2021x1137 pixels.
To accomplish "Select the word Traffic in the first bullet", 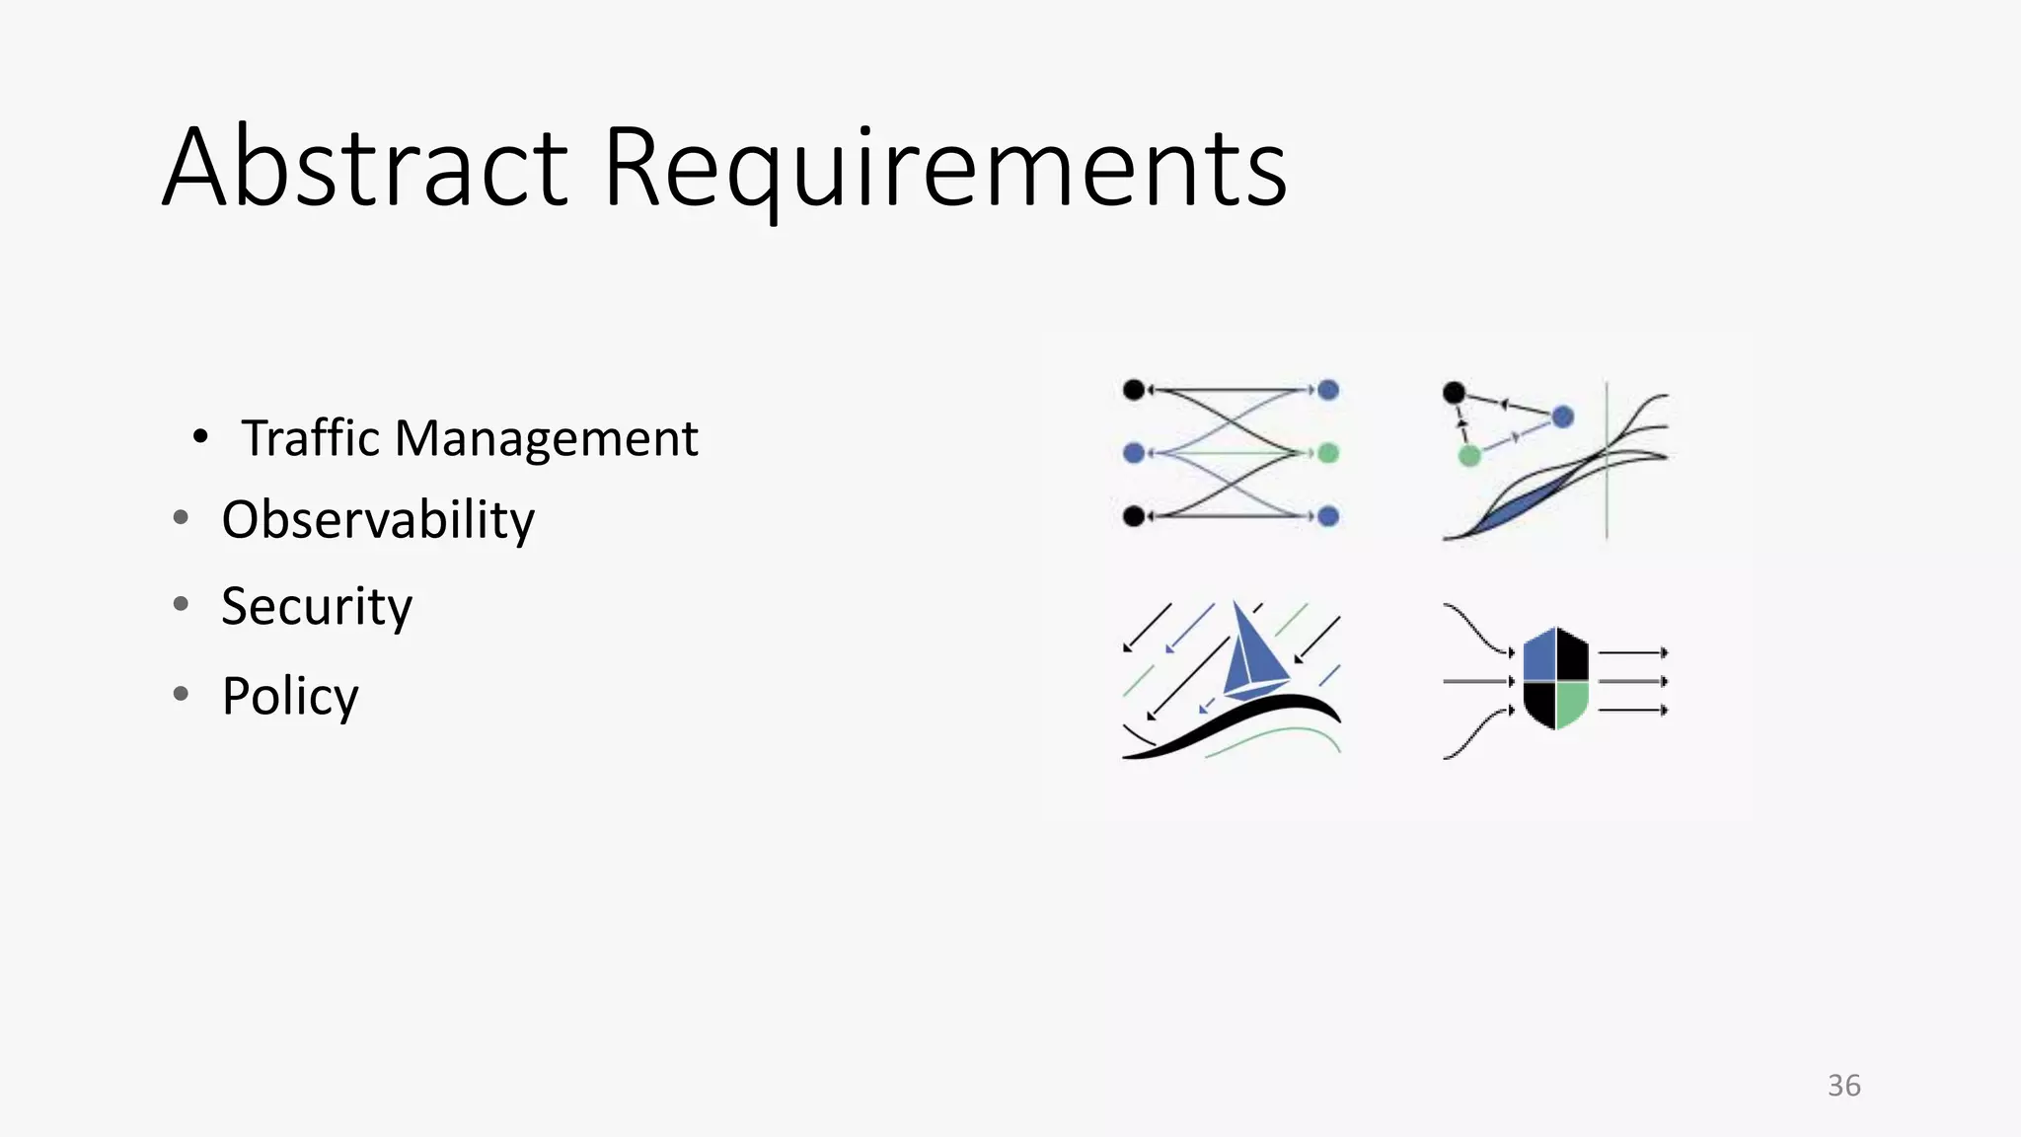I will [x=310, y=438].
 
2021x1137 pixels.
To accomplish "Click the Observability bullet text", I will [x=378, y=520].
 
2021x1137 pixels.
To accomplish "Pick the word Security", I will [x=316, y=606].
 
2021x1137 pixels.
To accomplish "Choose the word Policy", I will [x=290, y=697].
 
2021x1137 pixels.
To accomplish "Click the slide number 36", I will [x=1843, y=1086].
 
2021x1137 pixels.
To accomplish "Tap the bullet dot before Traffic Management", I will [x=200, y=436].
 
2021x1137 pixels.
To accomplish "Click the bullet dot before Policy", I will [x=181, y=694].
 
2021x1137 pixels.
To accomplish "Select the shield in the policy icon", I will [x=1556, y=679].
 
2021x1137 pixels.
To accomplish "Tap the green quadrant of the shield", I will [x=1572, y=703].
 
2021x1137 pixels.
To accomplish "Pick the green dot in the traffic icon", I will [x=1328, y=453].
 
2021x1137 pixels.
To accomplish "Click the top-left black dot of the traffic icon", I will [x=1134, y=390].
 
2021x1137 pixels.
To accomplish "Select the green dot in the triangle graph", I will [x=1469, y=455].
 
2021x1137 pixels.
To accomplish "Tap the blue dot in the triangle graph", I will [x=1562, y=417].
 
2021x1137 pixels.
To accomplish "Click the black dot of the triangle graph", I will [x=1454, y=393].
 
